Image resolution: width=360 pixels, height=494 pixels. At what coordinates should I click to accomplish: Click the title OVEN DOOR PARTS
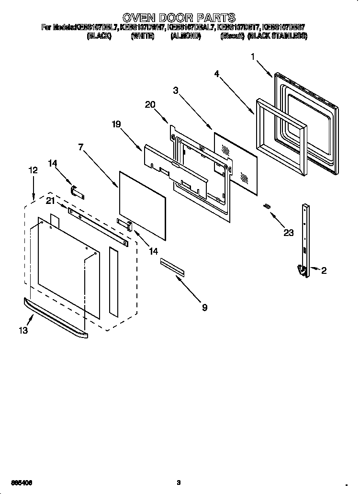[180, 18]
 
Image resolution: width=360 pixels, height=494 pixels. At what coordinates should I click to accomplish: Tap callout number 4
[217, 74]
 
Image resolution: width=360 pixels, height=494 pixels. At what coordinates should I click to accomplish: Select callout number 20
[150, 105]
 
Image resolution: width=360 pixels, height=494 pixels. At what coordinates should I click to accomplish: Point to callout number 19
[116, 124]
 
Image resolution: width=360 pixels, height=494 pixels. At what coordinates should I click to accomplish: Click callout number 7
[81, 147]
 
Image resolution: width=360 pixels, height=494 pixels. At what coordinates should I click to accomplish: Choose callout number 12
[33, 170]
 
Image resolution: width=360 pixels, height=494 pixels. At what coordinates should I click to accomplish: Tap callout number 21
[50, 201]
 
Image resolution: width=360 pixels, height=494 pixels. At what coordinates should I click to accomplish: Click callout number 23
[288, 233]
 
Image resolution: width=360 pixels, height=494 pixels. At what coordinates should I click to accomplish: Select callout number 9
[204, 307]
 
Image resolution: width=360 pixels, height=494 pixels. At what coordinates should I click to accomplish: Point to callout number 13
[23, 330]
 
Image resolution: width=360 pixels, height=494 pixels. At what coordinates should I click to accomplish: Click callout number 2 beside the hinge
[324, 270]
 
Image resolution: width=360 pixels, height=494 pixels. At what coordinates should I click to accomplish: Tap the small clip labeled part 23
[267, 206]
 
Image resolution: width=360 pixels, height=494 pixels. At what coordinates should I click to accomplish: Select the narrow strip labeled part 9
[172, 267]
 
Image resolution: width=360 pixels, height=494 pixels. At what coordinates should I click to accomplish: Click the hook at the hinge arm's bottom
[303, 271]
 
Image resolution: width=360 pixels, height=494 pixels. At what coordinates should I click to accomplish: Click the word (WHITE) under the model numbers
[142, 36]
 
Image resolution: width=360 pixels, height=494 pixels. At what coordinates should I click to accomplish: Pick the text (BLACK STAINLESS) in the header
[277, 36]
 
